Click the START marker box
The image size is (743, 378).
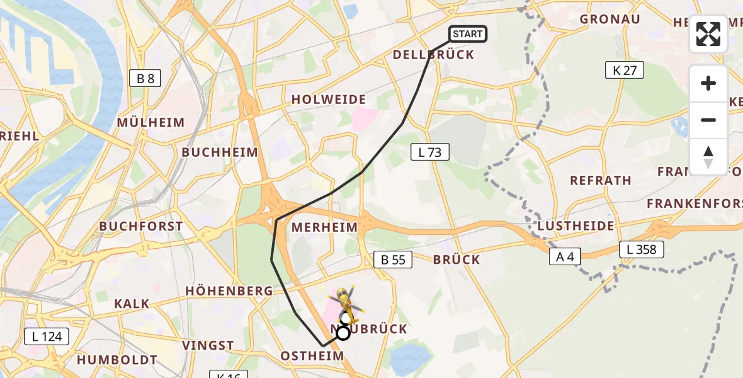tap(468, 34)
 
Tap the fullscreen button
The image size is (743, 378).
tap(708, 34)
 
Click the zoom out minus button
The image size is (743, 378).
tap(708, 120)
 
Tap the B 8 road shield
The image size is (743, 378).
tap(145, 78)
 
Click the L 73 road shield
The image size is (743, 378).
tap(430, 151)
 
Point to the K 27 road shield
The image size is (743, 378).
tap(625, 70)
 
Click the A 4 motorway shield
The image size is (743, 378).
tap(564, 256)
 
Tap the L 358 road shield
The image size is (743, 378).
tap(641, 249)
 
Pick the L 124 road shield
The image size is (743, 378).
tap(47, 336)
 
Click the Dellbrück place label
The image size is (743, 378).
tap(433, 55)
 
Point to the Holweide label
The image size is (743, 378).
tap(329, 100)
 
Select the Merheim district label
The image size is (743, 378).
tap(325, 227)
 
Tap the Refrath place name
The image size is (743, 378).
tap(601, 180)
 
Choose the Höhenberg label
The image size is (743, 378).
tap(229, 291)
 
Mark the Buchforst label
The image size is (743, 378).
tap(141, 226)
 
